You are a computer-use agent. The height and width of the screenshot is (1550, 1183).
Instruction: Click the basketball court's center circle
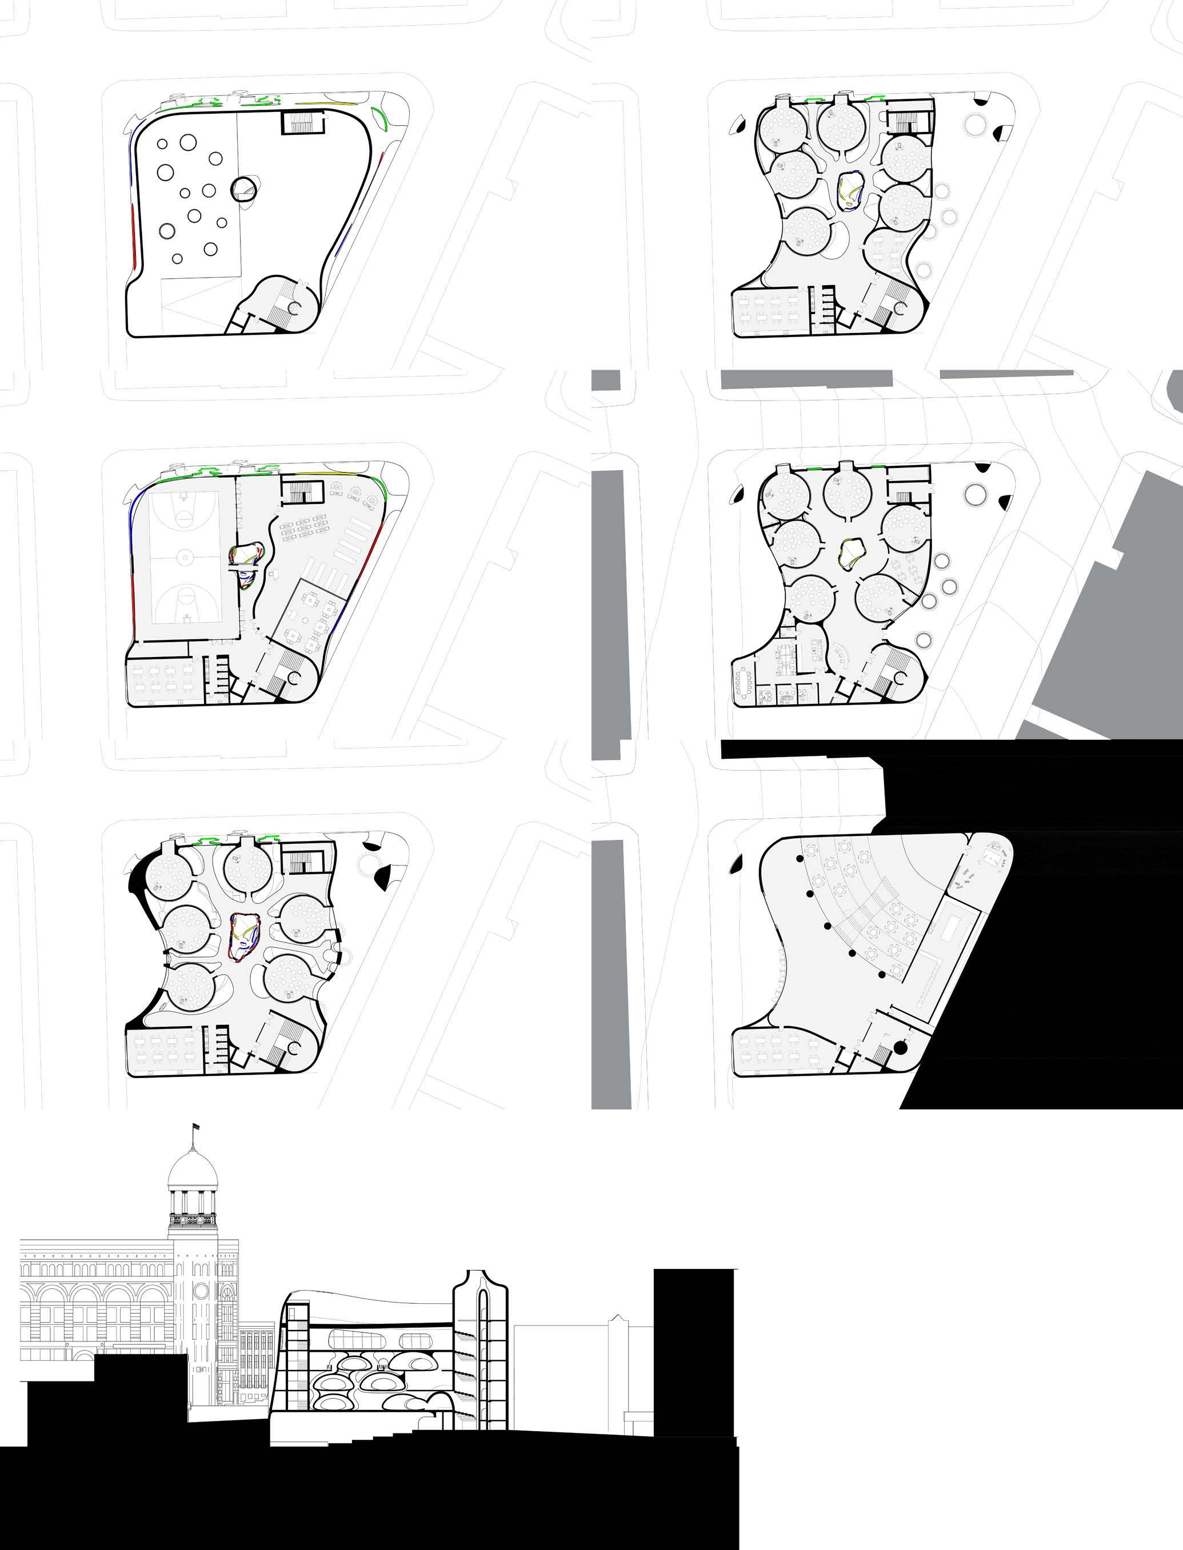tap(185, 558)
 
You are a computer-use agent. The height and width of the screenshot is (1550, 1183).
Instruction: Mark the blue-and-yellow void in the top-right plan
tap(850, 191)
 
